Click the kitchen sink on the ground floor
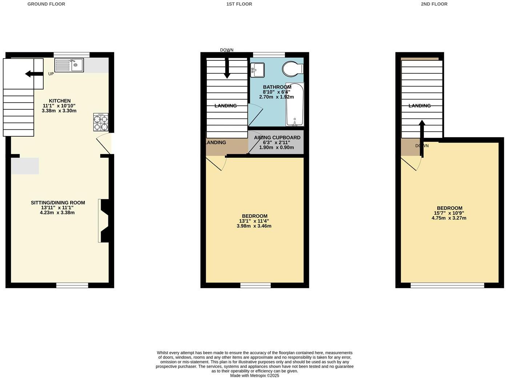point(69,65)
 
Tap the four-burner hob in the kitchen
point(101,122)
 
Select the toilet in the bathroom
point(293,68)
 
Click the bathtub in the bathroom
point(294,105)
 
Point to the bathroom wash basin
point(257,70)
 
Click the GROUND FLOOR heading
point(46,4)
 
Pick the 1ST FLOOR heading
point(239,4)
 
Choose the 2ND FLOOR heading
point(434,4)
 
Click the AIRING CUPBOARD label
point(277,137)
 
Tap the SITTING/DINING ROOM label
point(58,203)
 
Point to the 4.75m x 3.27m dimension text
point(449,218)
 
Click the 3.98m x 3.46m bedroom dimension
point(254,226)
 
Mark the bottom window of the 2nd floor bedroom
point(447,285)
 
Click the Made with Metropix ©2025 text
point(254,375)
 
